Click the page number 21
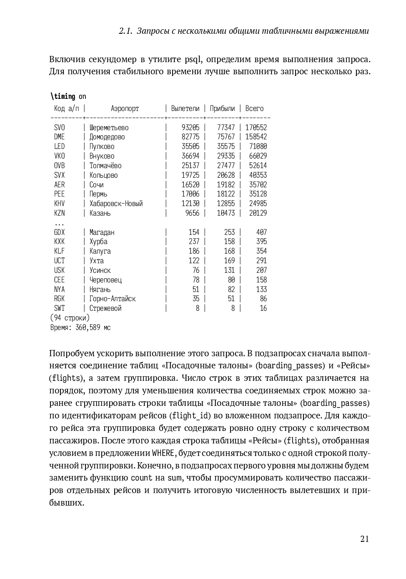364,539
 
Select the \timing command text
63,96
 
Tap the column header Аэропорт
125,108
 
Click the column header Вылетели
185,108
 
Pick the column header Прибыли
222,108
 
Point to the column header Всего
254,108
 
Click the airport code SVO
60,128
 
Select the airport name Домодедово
107,137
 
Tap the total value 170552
256,128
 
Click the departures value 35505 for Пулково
190,146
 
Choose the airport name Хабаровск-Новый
116,204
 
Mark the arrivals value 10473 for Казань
226,213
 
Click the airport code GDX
60,232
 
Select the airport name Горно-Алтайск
113,299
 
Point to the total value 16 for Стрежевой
263,308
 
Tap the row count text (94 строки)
70,318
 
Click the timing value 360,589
88,327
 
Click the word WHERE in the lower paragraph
163,453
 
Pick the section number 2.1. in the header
125,31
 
